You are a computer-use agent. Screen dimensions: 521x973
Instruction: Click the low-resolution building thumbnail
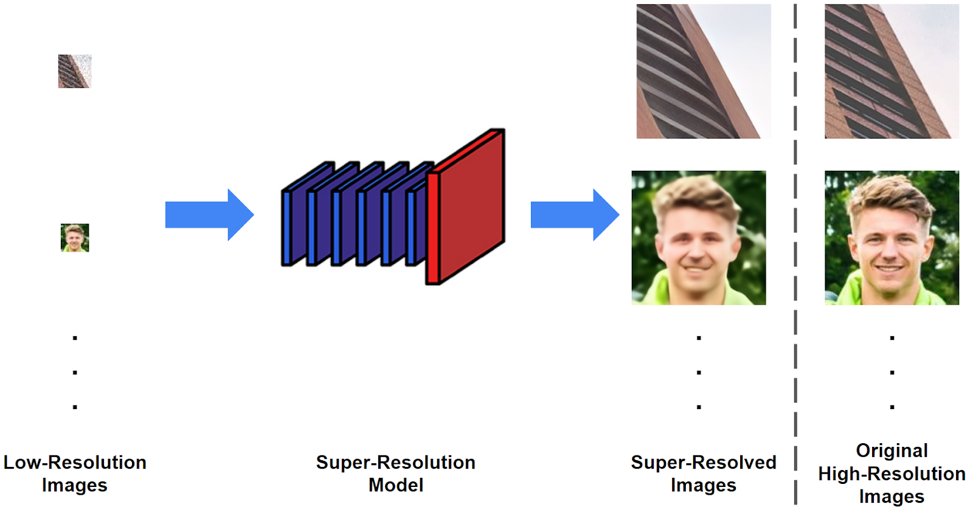point(74,71)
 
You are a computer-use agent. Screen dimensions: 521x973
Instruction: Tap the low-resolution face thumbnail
point(75,238)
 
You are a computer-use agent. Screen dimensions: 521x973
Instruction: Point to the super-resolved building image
point(704,71)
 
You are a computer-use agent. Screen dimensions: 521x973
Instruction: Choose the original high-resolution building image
point(892,71)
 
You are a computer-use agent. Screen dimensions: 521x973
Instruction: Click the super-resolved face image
point(699,238)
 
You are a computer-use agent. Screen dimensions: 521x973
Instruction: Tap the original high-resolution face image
point(892,238)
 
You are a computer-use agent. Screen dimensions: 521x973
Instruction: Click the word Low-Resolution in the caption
point(75,463)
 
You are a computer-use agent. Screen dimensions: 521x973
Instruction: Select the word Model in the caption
point(396,485)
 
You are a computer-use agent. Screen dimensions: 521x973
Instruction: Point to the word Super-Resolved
point(704,463)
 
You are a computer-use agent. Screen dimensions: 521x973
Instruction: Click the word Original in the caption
point(892,450)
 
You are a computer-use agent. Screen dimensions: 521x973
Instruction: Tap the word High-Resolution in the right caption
point(892,474)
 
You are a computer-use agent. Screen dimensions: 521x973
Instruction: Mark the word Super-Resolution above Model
point(396,463)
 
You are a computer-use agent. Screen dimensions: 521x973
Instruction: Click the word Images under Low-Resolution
point(75,485)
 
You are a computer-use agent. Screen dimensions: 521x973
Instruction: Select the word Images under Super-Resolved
point(704,485)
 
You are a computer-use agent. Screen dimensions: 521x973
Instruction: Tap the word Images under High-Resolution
point(892,497)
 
